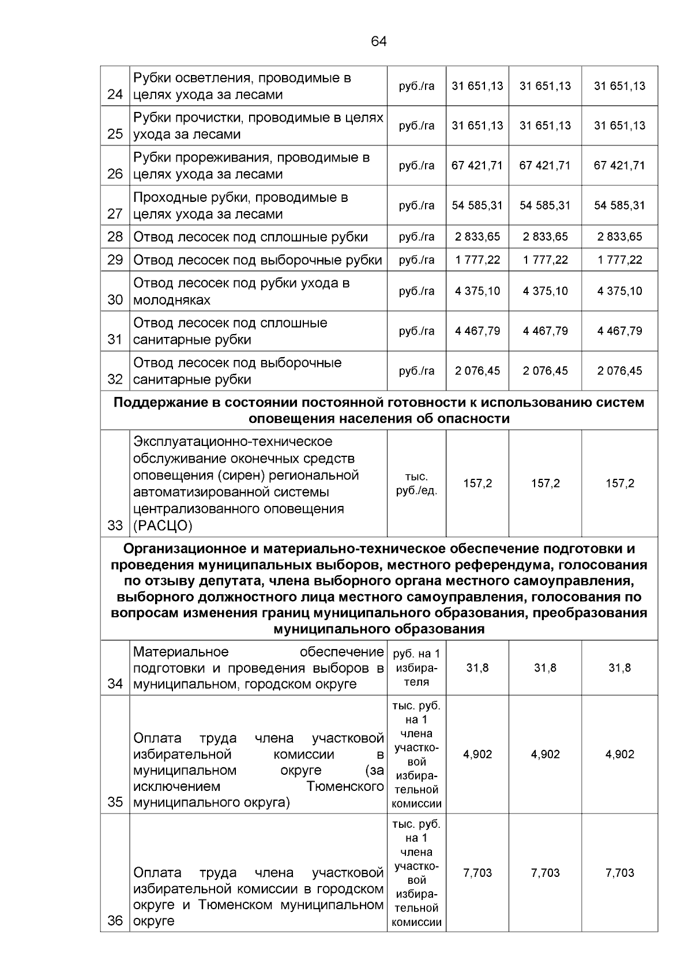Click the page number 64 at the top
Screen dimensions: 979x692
tap(379, 42)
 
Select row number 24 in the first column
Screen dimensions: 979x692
tap(115, 95)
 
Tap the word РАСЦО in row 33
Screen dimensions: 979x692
tap(163, 526)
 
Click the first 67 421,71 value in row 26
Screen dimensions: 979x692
tap(477, 166)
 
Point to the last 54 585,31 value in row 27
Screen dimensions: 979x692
tap(619, 205)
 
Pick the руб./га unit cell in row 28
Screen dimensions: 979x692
tap(416, 237)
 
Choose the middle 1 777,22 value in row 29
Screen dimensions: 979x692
tap(545, 260)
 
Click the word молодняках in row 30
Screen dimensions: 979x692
tap(172, 300)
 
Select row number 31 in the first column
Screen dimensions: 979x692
tap(115, 340)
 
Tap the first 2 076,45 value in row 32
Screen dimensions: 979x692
tap(477, 371)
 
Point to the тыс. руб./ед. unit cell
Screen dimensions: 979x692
tap(416, 484)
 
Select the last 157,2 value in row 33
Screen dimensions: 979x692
tap(619, 483)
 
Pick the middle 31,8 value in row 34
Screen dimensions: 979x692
tap(545, 668)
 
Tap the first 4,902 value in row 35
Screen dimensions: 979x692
tap(477, 755)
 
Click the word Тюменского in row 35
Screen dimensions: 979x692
tap(345, 786)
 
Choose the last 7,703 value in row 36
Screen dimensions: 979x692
tap(619, 873)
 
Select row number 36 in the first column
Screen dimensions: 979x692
tap(115, 921)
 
